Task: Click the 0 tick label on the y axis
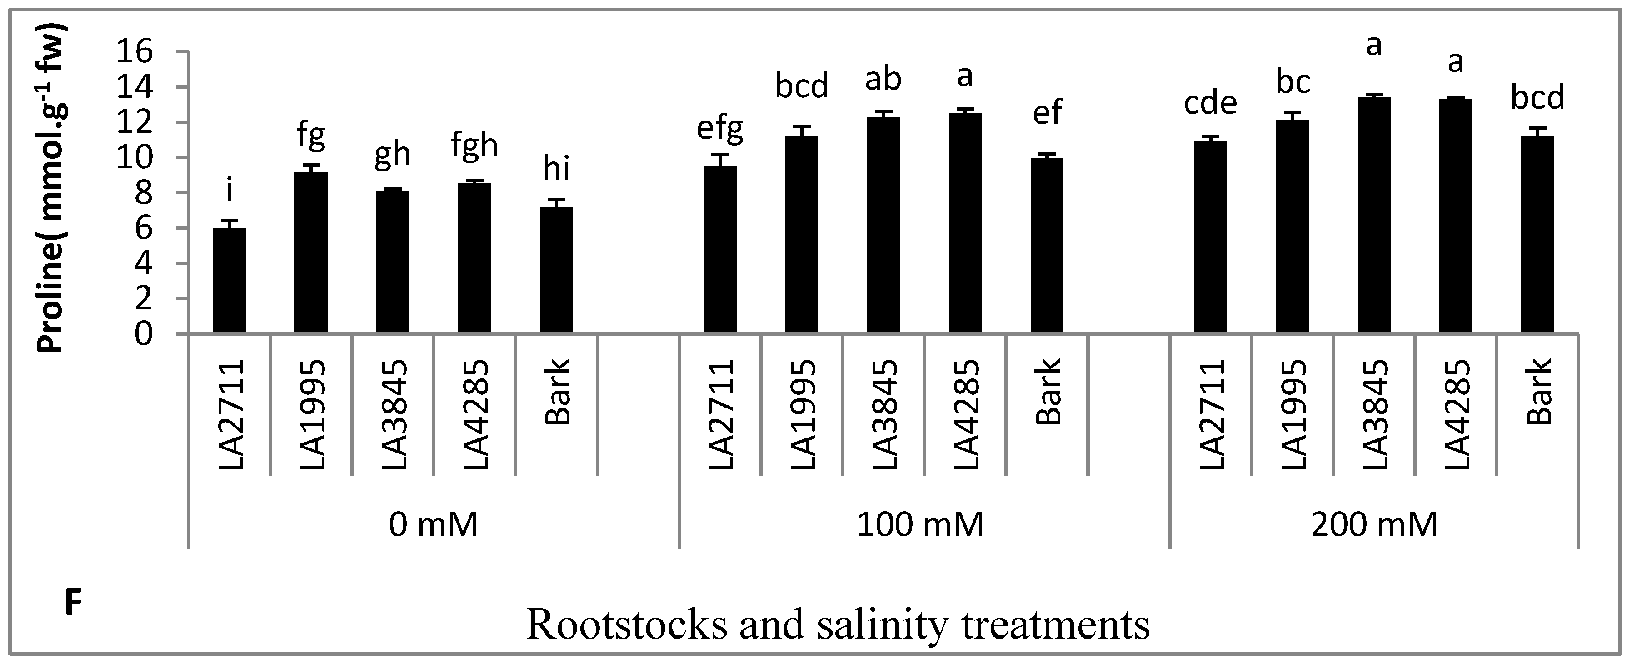click(x=145, y=334)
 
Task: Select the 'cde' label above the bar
click(x=1210, y=103)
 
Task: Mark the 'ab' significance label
click(x=883, y=79)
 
